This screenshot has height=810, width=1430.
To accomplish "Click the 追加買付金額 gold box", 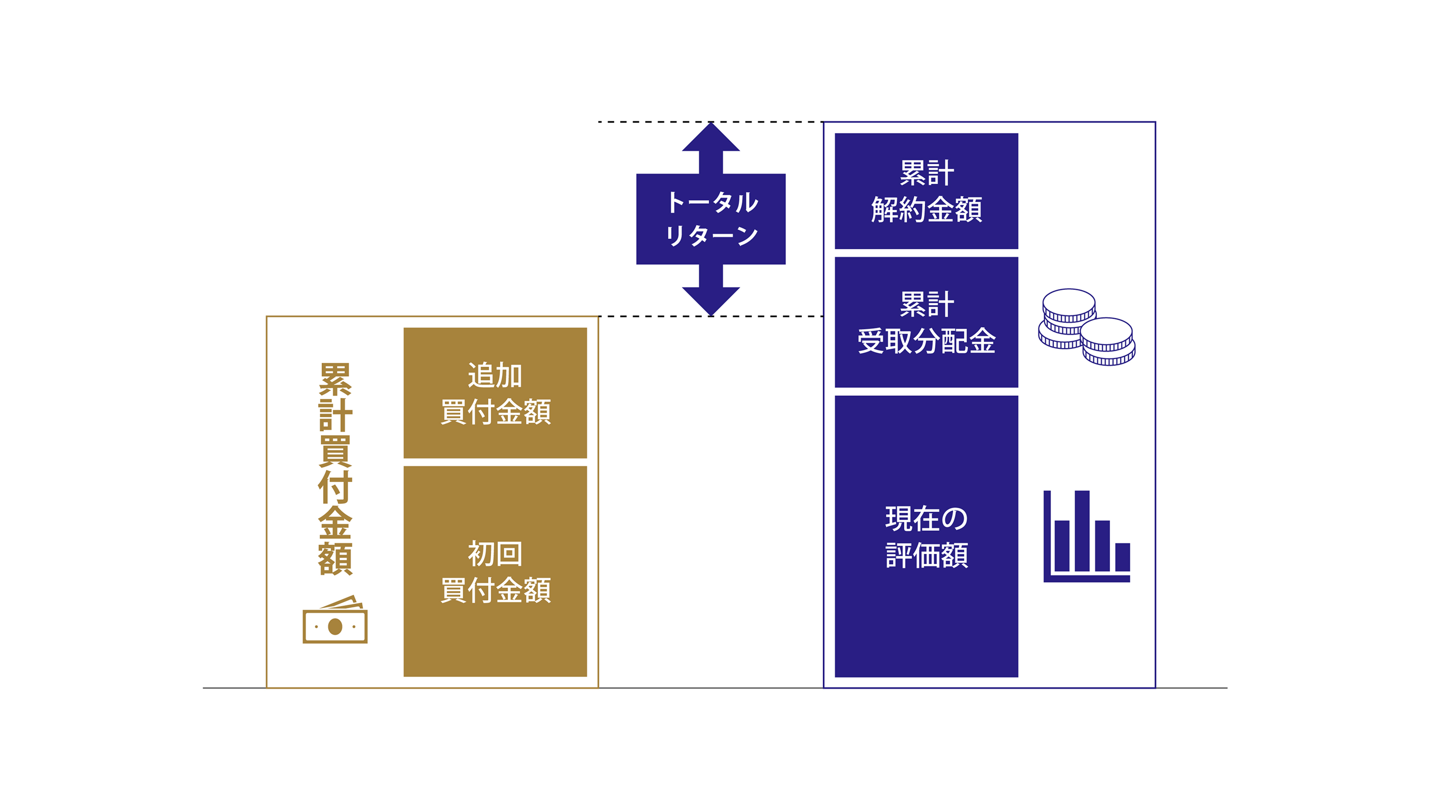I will pyautogui.click(x=495, y=392).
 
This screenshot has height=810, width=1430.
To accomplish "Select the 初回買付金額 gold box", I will pyautogui.click(x=495, y=571).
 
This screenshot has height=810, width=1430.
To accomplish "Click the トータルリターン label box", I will pyautogui.click(x=711, y=219).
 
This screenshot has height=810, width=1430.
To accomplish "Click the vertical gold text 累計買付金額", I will pyautogui.click(x=335, y=468).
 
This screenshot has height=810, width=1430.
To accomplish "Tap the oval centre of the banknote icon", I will pyautogui.click(x=335, y=627).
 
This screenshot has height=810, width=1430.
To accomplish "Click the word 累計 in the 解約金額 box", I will pyautogui.click(x=927, y=173).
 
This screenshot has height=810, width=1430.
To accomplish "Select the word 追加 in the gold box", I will pyautogui.click(x=495, y=375).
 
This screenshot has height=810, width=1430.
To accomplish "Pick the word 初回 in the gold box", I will pyautogui.click(x=495, y=553).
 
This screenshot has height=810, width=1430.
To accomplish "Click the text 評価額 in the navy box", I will pyautogui.click(x=927, y=555).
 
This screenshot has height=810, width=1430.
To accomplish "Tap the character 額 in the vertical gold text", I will pyautogui.click(x=335, y=559).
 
